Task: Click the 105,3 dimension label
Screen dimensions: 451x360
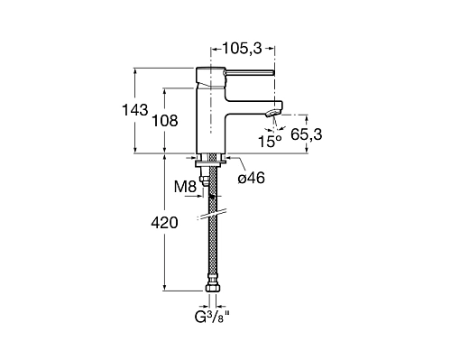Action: [242, 48]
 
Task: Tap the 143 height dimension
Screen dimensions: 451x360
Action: [135, 110]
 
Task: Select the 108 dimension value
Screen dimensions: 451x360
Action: [165, 121]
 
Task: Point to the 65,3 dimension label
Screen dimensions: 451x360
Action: [306, 134]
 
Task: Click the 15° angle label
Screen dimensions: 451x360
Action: [270, 141]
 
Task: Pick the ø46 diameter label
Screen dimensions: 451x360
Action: [252, 179]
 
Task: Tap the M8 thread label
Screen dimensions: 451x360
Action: [185, 187]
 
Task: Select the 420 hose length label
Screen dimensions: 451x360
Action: [164, 223]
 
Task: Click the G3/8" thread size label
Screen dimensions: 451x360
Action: [213, 317]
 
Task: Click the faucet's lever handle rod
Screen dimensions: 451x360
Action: [249, 72]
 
